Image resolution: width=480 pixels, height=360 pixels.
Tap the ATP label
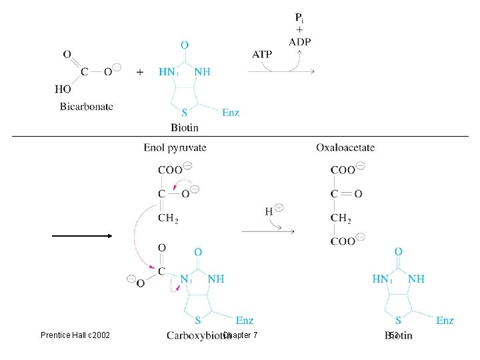261,55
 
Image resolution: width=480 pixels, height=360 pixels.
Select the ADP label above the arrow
300,41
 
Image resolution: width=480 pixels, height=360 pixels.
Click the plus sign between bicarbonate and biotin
140,71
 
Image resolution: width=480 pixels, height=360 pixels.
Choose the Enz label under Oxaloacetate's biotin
445,321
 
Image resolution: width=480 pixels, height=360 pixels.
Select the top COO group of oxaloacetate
344,170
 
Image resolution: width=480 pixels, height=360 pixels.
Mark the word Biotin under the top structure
184,127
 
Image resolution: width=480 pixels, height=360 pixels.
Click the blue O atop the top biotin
184,45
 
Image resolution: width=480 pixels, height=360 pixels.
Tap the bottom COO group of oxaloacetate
344,241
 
